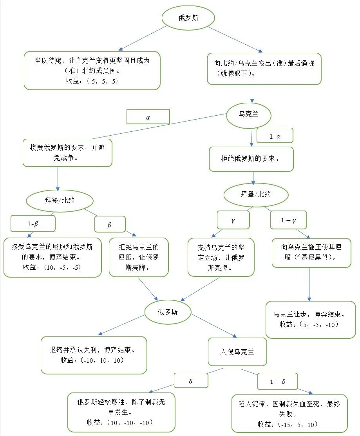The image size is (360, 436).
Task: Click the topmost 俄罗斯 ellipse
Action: pos(188,18)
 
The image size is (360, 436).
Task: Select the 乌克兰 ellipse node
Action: pos(249,114)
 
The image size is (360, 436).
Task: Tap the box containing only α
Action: pos(148,117)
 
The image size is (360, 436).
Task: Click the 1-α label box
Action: pos(275,136)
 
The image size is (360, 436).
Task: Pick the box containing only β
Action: pos(109,225)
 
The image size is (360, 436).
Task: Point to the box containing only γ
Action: pos(233,220)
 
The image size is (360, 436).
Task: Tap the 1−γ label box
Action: pos(288,220)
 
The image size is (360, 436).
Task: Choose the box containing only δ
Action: pos(191,381)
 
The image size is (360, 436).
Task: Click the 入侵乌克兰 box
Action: pos(237,352)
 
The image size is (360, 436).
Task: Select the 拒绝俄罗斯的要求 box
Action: pos(251,159)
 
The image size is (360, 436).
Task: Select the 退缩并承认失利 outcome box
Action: pos(94,355)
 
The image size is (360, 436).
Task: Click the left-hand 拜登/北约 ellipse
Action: pos(60,200)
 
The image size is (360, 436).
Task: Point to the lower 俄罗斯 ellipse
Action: pos(168,312)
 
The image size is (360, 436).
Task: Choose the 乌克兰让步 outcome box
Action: pos(310,319)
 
